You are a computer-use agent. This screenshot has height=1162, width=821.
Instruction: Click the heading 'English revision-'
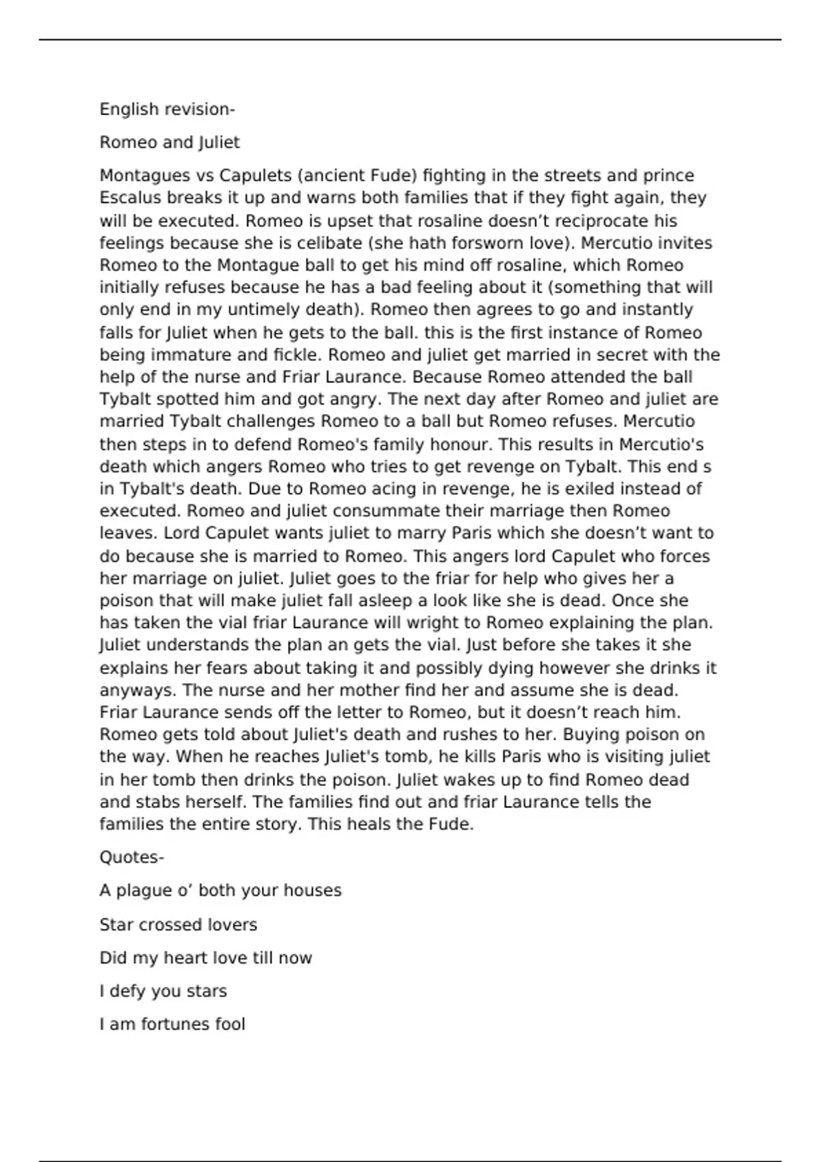pyautogui.click(x=167, y=109)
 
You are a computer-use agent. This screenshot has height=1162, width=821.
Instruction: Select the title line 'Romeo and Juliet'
pyautogui.click(x=170, y=143)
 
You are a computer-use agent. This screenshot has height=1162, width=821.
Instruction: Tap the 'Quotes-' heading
pyautogui.click(x=131, y=857)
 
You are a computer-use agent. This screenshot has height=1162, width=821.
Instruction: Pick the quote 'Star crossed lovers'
pyautogui.click(x=178, y=925)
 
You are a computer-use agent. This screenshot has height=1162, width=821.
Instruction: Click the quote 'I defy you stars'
pyautogui.click(x=163, y=991)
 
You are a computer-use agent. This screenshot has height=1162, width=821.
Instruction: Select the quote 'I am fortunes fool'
pyautogui.click(x=172, y=1025)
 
